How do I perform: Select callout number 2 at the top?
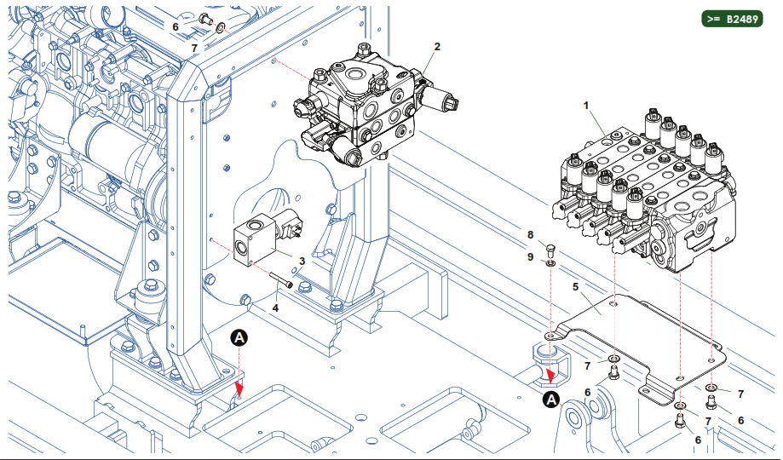click(437, 46)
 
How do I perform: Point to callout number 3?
click(302, 261)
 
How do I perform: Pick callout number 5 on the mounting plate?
click(575, 287)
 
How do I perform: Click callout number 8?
click(529, 234)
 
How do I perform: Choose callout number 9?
click(529, 256)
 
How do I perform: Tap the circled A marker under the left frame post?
click(240, 338)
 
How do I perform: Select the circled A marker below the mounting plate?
click(551, 399)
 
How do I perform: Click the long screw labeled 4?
click(283, 280)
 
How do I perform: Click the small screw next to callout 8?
click(550, 250)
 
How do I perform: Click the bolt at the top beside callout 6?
click(204, 18)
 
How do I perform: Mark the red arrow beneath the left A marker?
click(240, 389)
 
